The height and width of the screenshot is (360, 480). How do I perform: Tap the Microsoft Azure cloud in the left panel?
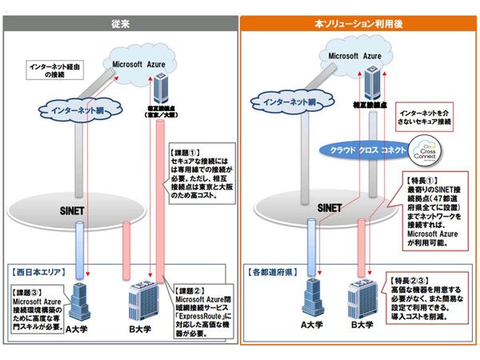[x=141, y=62]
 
